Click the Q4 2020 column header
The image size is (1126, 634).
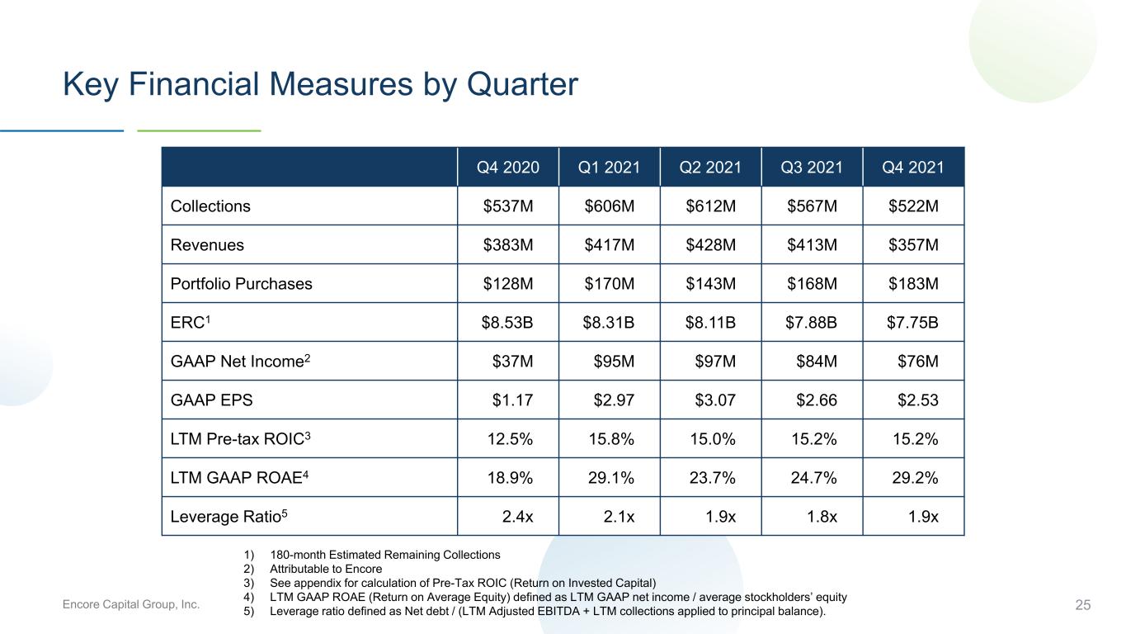507,167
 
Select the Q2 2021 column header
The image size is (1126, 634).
710,167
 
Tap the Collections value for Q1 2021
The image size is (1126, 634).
610,206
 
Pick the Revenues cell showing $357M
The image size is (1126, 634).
913,244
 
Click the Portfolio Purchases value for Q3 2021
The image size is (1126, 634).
812,283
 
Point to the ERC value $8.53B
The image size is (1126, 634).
507,322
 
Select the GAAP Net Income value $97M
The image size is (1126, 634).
715,361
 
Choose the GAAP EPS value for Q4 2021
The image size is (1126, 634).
918,400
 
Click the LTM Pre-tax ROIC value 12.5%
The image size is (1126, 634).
510,439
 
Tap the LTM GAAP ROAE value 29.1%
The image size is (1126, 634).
611,477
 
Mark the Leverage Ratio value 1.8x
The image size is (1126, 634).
822,516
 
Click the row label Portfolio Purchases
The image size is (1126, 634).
241,284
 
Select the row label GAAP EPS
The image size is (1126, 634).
212,400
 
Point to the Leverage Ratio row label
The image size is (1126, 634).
228,516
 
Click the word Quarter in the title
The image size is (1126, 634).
522,84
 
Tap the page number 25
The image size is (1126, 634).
1083,605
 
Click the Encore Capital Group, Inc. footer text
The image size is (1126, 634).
131,604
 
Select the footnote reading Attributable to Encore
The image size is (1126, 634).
326,569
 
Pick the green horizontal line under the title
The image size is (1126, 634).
199,130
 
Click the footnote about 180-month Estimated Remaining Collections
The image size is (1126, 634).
385,555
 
